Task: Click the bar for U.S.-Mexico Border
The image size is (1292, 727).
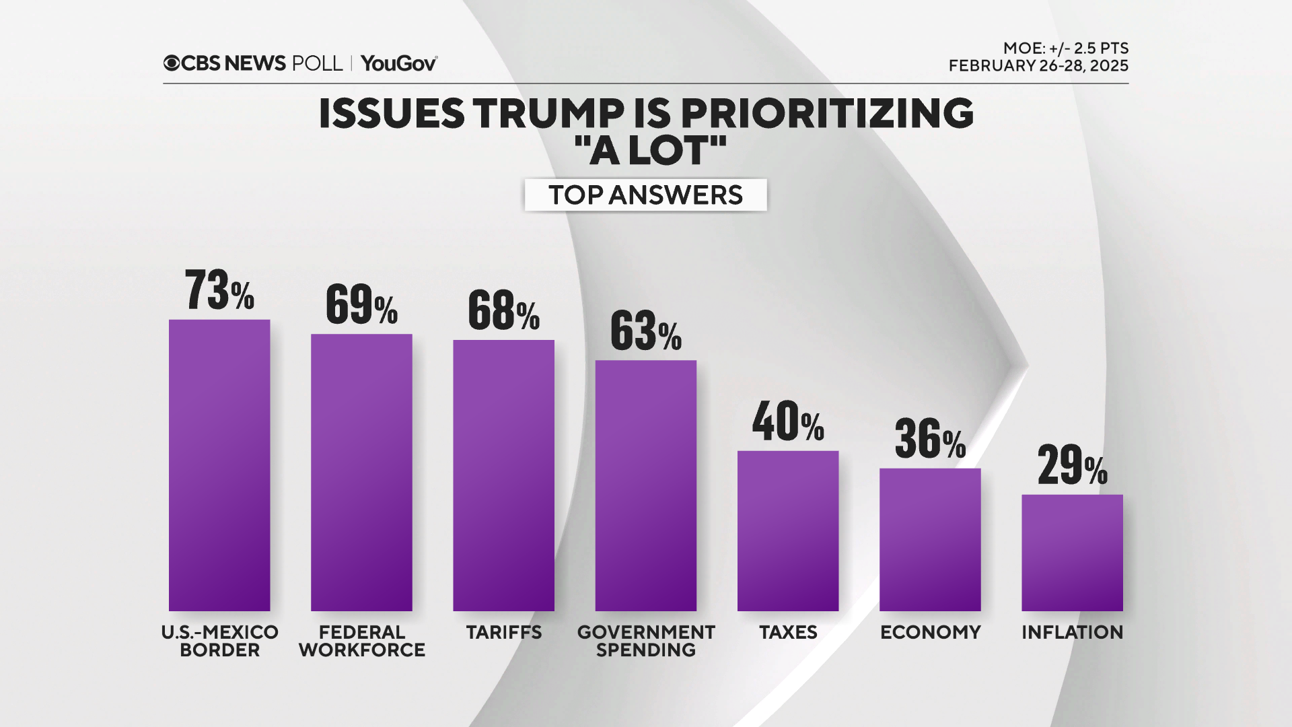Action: [219, 465]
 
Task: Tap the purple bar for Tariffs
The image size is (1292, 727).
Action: [503, 475]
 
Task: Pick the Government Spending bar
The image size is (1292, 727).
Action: [645, 485]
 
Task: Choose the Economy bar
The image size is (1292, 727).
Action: [930, 539]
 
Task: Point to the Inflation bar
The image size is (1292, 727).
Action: [1072, 553]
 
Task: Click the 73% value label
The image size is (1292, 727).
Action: [219, 291]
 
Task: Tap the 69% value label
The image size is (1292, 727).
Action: [361, 305]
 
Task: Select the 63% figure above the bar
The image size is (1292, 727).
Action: [645, 331]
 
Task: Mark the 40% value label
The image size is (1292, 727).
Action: [788, 422]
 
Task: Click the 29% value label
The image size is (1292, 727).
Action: [1072, 466]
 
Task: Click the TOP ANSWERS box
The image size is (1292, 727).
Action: [645, 195]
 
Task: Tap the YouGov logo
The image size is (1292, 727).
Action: [399, 63]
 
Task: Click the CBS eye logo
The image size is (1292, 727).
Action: [172, 63]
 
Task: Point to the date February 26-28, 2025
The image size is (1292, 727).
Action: [1038, 66]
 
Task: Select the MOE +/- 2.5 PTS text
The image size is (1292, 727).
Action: [1066, 48]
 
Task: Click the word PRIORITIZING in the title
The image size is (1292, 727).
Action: [828, 113]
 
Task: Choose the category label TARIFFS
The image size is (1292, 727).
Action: [503, 633]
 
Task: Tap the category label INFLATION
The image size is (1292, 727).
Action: [1072, 633]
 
